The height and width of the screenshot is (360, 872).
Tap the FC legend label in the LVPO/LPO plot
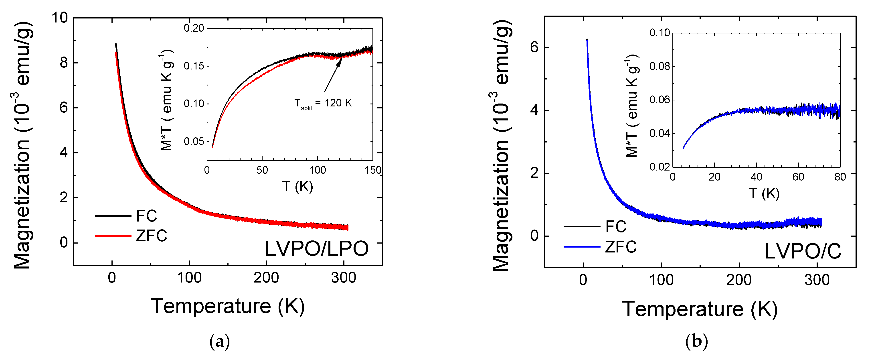(147, 216)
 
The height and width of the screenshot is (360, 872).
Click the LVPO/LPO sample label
(316, 249)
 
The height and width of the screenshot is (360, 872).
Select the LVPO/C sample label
(803, 252)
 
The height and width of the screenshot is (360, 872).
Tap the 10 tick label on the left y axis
(60, 18)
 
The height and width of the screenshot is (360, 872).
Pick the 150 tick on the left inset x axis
(372, 170)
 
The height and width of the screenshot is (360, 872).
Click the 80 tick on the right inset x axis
(840, 177)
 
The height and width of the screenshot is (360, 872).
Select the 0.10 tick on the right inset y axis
(660, 33)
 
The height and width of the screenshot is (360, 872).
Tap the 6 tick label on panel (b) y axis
(534, 47)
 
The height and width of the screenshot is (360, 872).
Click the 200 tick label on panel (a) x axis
(266, 278)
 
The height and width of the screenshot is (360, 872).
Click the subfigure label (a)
(219, 341)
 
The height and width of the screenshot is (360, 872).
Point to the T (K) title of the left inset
(297, 186)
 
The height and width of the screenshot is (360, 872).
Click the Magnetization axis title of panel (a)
(22, 146)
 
